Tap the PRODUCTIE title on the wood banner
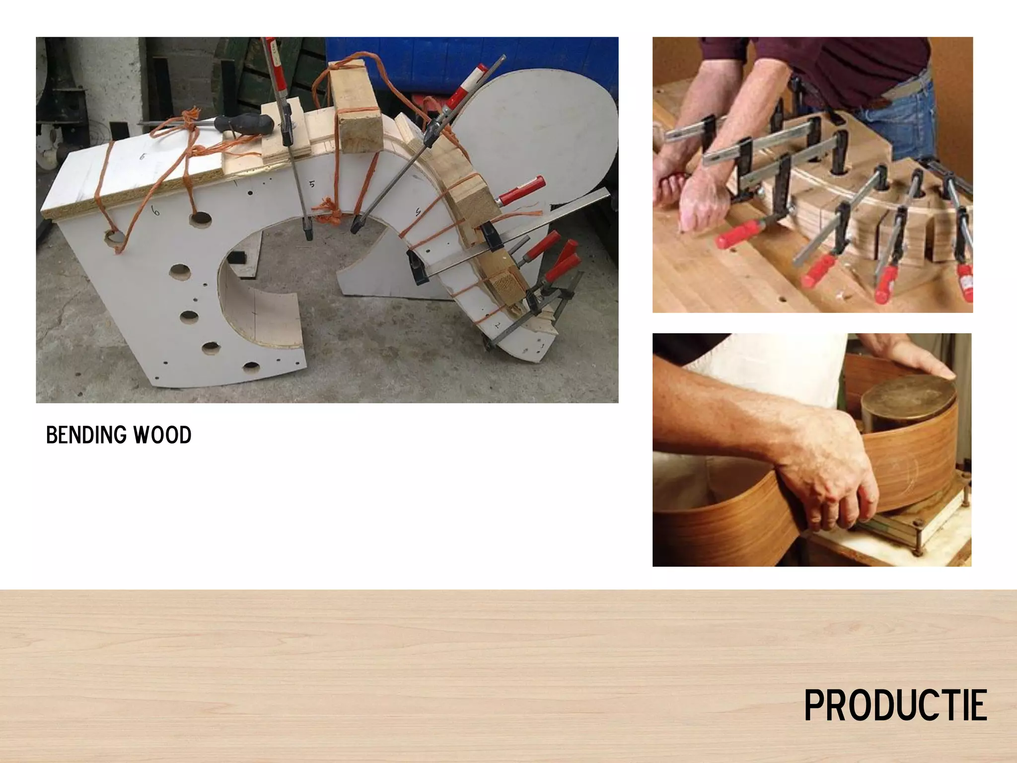pos(895,705)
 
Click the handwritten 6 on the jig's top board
pos(143,157)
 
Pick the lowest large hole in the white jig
pos(251,367)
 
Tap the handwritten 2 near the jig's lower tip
pos(497,325)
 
